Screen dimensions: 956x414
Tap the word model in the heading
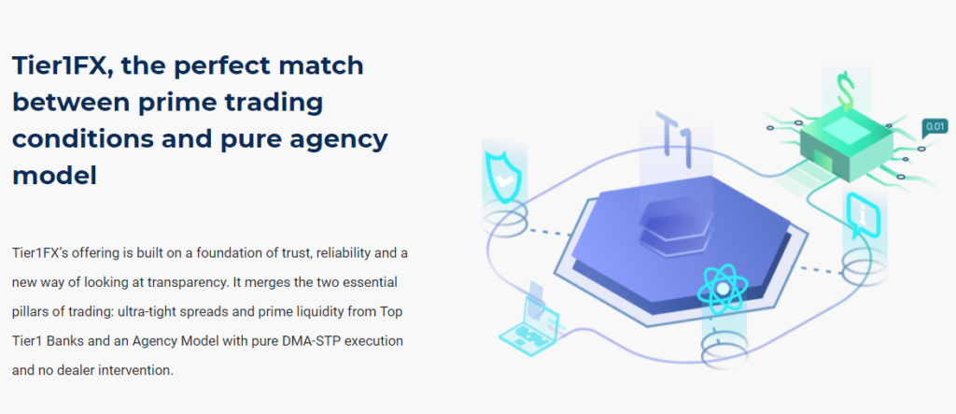click(x=54, y=176)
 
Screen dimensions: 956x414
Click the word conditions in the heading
click(x=83, y=139)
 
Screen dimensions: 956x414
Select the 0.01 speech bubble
click(x=935, y=128)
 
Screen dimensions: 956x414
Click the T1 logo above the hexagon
click(x=675, y=139)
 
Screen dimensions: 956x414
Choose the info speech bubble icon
click(x=862, y=214)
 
